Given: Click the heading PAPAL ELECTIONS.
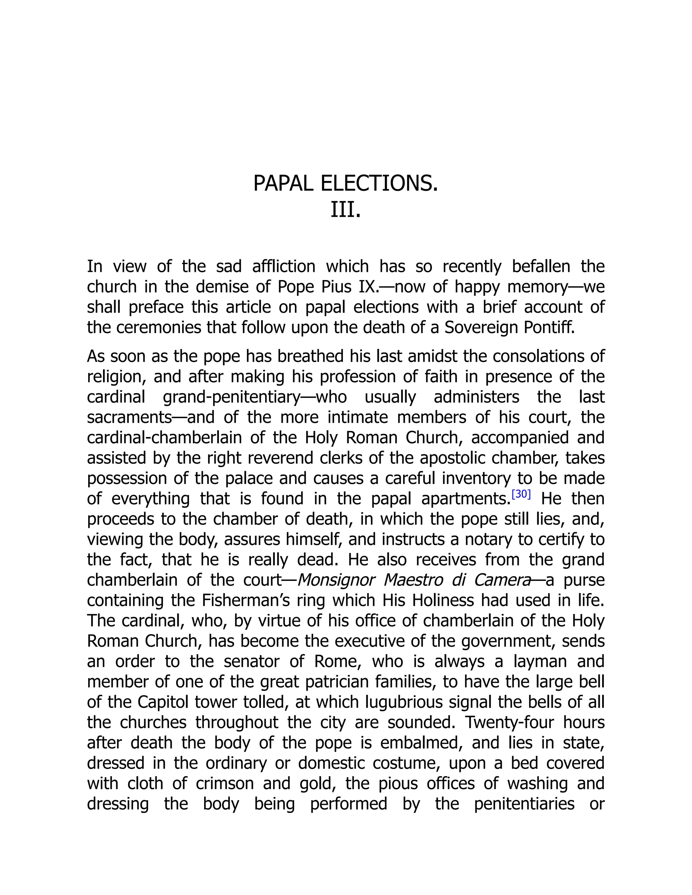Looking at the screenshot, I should coord(346,183).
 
